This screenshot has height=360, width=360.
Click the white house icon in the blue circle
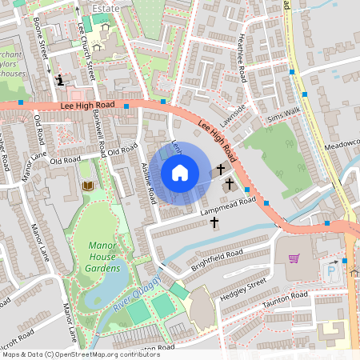click(180, 173)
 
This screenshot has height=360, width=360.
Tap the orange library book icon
click(88, 186)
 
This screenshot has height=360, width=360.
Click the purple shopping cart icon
click(294, 258)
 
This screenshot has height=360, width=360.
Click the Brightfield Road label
click(216, 260)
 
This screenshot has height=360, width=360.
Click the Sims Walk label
click(285, 116)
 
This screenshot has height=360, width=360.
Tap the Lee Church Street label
click(88, 59)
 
